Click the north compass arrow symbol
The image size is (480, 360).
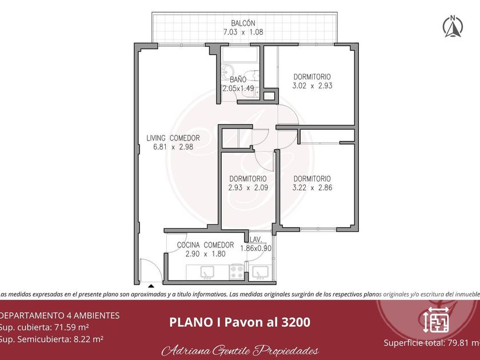(x=453, y=26)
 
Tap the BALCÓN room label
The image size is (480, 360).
(x=243, y=23)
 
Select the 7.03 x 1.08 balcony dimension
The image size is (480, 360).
(x=243, y=32)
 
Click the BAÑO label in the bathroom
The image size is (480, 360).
(x=238, y=79)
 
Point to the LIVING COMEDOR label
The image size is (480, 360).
(x=173, y=138)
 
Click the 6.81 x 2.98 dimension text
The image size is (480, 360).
(x=173, y=147)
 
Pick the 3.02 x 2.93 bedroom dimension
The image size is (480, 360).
(x=312, y=85)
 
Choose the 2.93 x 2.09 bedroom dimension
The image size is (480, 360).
(x=248, y=187)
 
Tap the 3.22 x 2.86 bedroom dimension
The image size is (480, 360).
(x=312, y=187)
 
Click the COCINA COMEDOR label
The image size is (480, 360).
(x=205, y=245)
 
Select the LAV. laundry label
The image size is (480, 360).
(x=255, y=239)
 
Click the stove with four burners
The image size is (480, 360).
(x=237, y=272)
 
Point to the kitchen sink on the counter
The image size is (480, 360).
(x=207, y=273)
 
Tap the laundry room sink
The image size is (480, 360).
(x=261, y=273)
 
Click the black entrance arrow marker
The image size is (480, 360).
(x=151, y=286)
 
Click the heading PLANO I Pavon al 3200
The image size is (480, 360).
(x=239, y=322)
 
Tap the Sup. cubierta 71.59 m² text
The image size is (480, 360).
(x=44, y=327)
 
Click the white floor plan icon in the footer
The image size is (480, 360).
(x=436, y=319)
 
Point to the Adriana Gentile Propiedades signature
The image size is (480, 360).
(x=240, y=350)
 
